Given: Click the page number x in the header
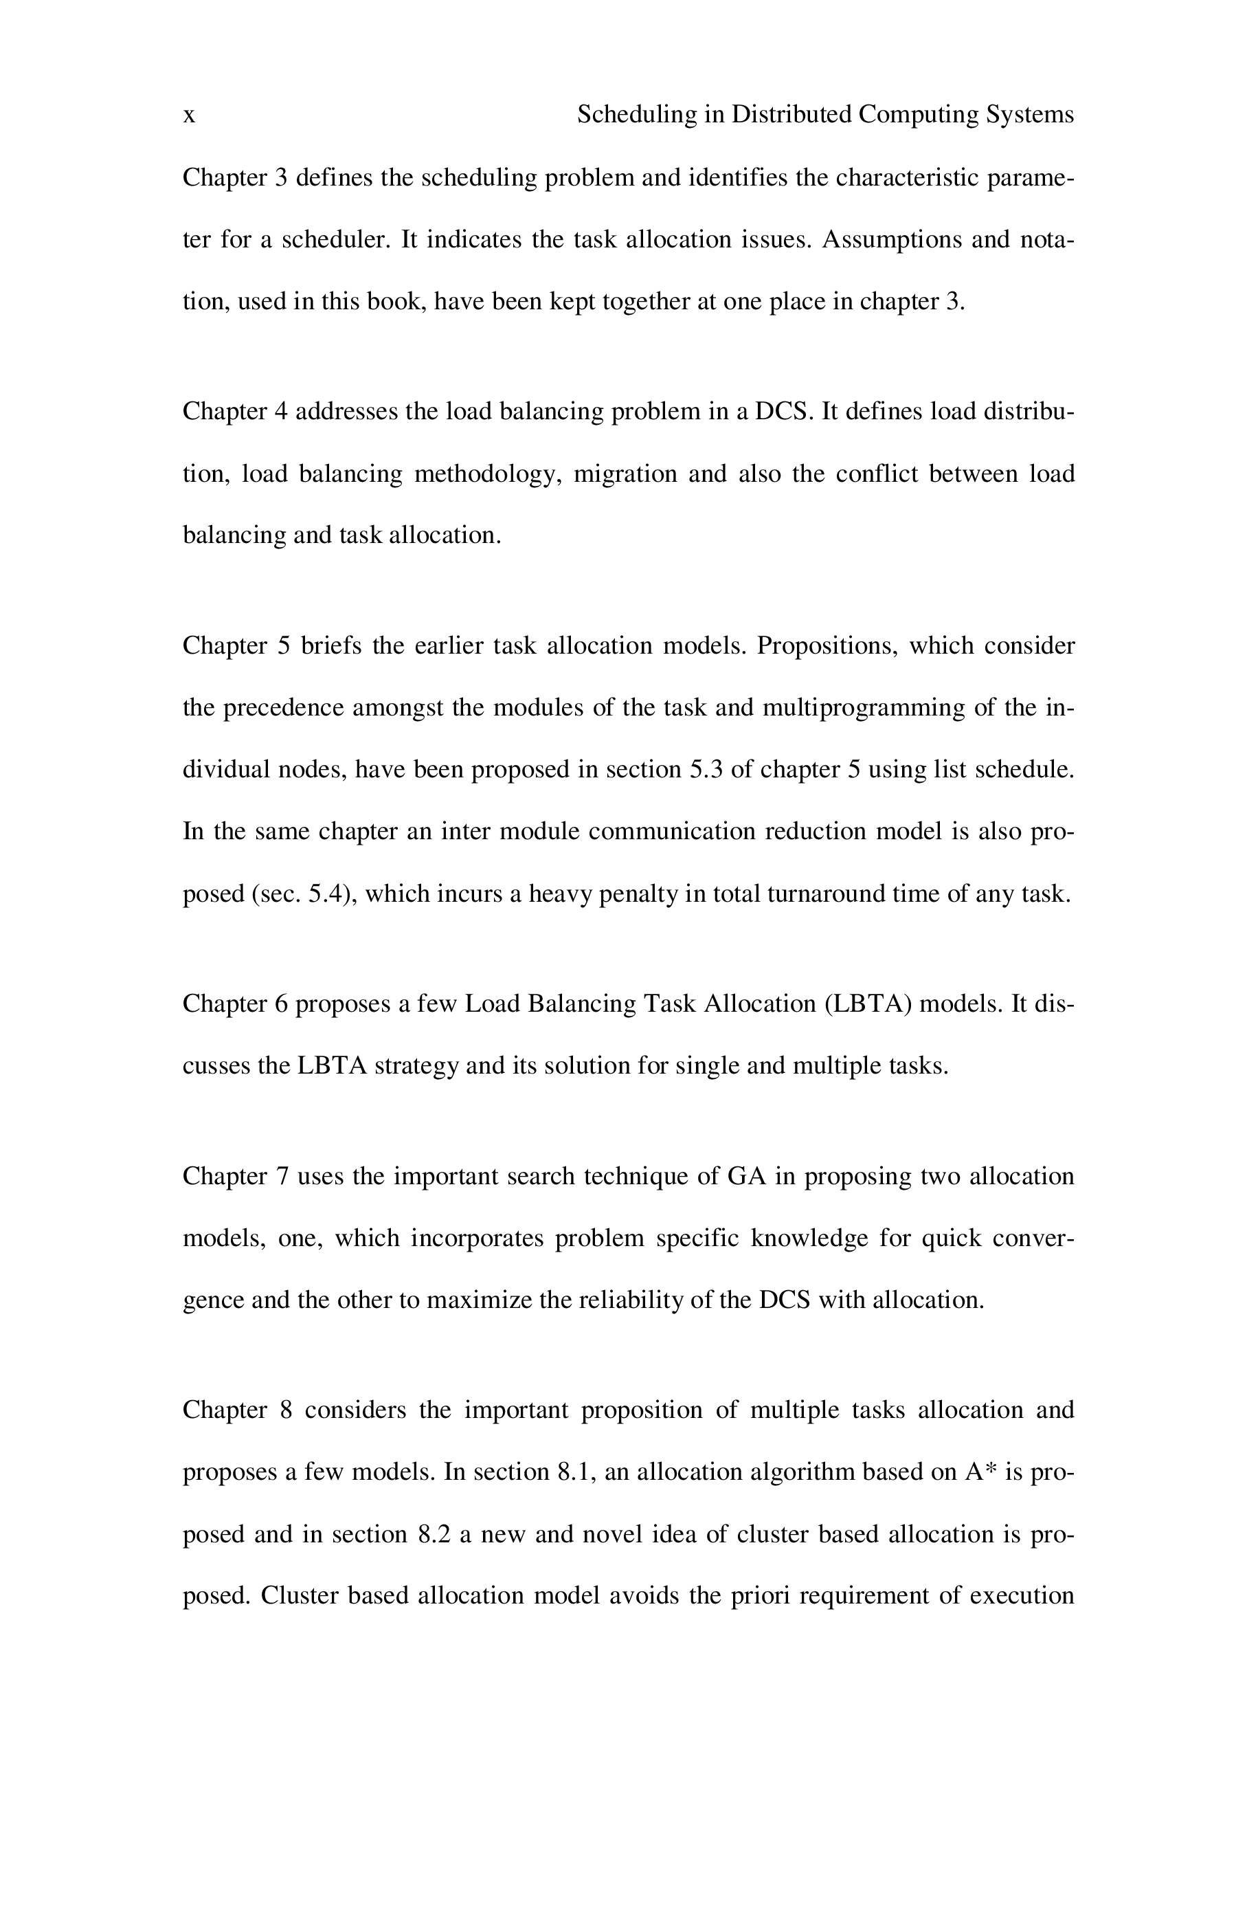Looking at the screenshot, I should [190, 116].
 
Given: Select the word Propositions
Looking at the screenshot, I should [827, 646].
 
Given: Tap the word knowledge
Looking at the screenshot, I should [809, 1238].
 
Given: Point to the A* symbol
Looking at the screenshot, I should [980, 1472].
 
